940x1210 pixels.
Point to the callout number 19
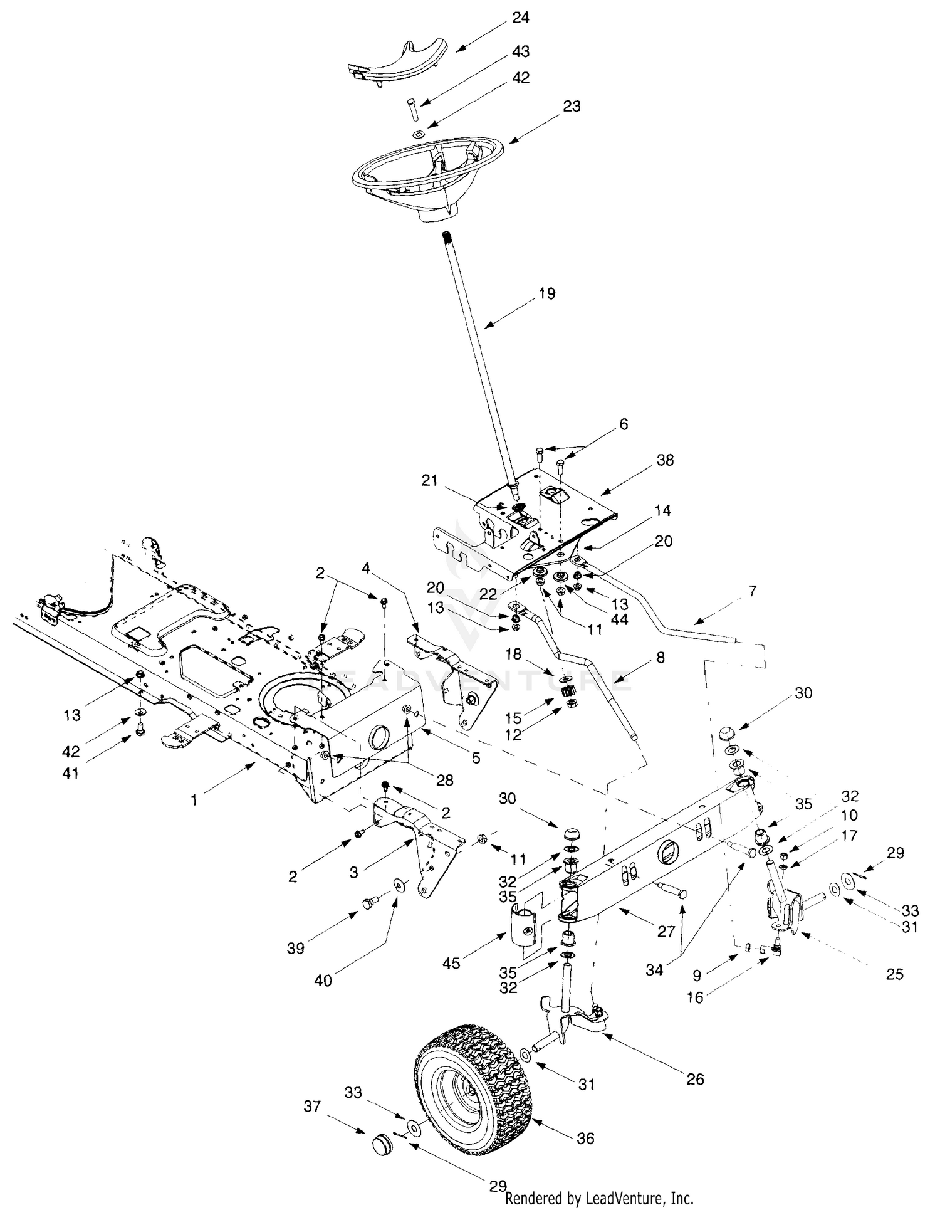pos(546,293)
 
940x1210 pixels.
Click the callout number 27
pos(666,932)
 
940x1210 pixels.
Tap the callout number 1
pos(194,801)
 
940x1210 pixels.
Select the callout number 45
pos(451,962)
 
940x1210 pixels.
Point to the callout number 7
pos(752,591)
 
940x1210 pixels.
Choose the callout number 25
pos(895,974)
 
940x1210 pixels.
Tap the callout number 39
pos(295,949)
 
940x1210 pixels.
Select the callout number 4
pos(365,569)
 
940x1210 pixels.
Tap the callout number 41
pos(71,773)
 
